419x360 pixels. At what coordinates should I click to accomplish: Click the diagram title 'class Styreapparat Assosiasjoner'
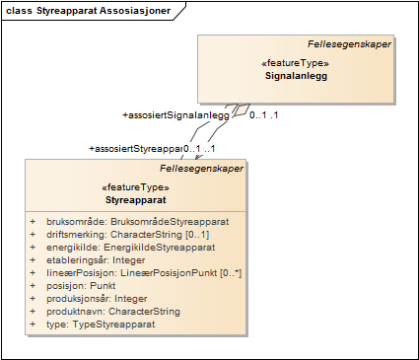point(87,11)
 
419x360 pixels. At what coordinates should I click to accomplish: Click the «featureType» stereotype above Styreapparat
point(136,186)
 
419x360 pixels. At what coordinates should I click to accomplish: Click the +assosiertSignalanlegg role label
point(175,115)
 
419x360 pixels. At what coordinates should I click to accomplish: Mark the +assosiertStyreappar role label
point(136,148)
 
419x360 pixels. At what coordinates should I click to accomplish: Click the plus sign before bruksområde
point(33,222)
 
